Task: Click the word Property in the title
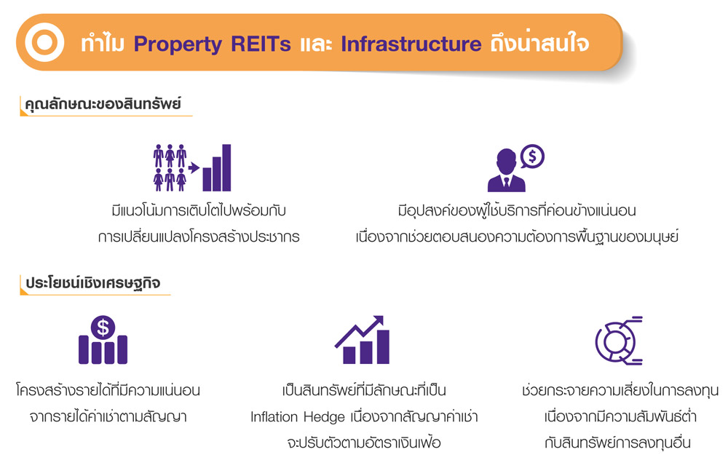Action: pos(178,44)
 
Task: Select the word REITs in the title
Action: pos(261,44)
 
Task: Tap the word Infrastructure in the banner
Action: pos(411,44)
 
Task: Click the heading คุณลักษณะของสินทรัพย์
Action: pos(103,104)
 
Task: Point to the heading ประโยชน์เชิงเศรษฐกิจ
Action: pos(93,282)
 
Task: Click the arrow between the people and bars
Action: pos(194,167)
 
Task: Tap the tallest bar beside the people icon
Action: pos(226,167)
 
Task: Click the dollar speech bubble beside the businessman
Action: pos(532,156)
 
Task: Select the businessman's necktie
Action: pos(507,181)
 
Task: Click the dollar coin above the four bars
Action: pos(103,328)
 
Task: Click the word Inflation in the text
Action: pos(274,416)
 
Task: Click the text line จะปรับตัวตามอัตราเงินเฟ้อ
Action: pos(364,443)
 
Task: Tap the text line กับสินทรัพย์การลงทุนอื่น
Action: pos(617,443)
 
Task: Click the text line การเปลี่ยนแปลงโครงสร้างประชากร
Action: pos(199,237)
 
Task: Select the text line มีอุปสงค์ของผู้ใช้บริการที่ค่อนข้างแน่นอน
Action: pos(517,210)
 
